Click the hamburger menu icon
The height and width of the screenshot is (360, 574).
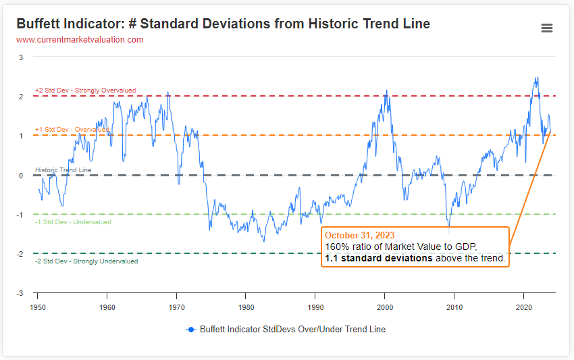click(547, 28)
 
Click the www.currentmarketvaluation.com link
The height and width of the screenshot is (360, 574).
click(80, 40)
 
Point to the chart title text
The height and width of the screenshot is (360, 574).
click(223, 24)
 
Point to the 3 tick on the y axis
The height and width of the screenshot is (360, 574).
click(21, 57)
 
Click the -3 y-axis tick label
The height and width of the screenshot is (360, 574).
click(20, 293)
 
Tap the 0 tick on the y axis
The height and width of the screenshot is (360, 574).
click(21, 176)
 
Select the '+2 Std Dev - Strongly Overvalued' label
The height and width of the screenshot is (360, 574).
click(85, 91)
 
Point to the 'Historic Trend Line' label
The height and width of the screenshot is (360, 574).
click(63, 170)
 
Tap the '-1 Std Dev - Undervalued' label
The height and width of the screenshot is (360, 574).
click(73, 222)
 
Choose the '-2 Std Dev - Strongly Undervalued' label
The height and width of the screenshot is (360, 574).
click(86, 261)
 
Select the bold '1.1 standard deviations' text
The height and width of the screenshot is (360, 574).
click(378, 258)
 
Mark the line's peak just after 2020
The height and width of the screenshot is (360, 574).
click(537, 78)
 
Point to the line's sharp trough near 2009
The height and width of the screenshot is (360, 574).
click(448, 226)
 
